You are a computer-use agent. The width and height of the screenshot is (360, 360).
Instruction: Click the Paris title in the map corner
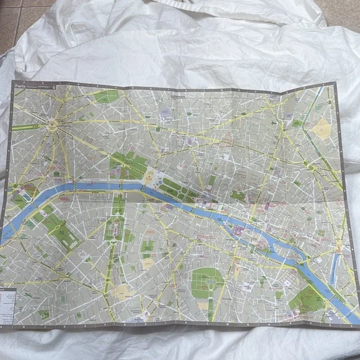click(21, 89)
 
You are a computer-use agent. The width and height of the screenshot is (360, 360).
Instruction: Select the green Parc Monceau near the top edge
click(107, 96)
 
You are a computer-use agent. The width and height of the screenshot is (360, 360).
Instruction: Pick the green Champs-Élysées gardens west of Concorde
click(127, 164)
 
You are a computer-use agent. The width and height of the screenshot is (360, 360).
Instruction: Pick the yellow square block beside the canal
click(322, 128)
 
